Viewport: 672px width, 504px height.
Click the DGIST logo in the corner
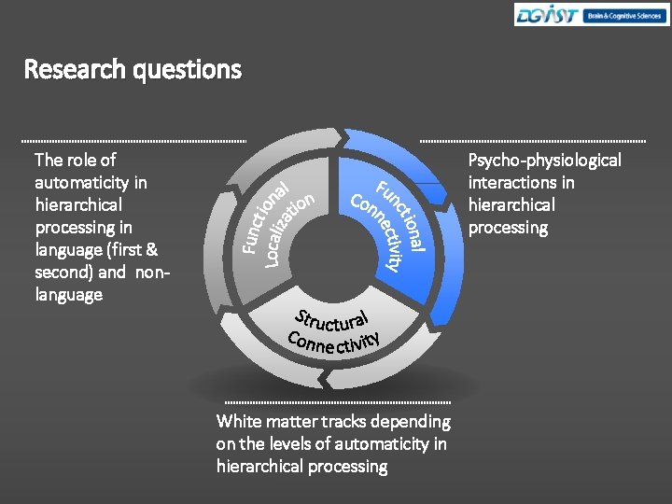[x=547, y=15]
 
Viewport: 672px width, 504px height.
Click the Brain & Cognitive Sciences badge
[x=623, y=15]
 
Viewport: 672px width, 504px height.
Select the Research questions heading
[x=133, y=70]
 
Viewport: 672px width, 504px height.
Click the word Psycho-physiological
[x=544, y=161]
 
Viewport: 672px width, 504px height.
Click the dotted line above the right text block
[x=533, y=141]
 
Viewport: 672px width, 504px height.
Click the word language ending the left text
[x=68, y=295]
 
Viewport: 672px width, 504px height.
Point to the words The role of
[x=75, y=161]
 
